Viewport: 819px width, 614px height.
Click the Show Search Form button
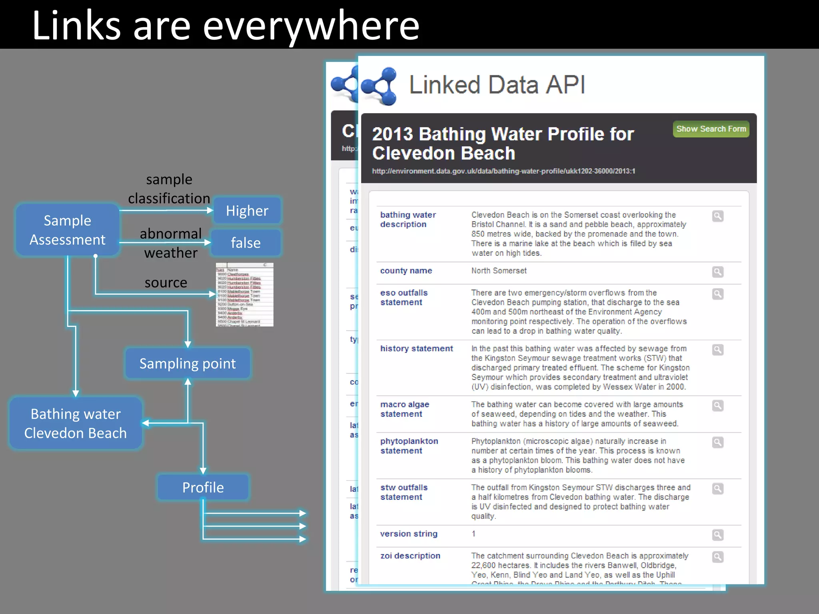(x=711, y=129)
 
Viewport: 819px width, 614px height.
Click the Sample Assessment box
(x=67, y=230)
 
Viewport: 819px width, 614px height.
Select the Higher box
(x=247, y=211)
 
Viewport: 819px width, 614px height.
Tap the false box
(x=246, y=243)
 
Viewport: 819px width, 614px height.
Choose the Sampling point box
(x=187, y=363)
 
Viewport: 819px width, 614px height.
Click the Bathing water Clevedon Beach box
(x=76, y=423)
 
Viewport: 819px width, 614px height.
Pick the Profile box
(x=203, y=487)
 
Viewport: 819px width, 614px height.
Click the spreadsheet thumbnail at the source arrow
(x=244, y=295)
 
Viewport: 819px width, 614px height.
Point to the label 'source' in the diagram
(x=166, y=283)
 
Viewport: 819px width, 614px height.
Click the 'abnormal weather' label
(x=171, y=243)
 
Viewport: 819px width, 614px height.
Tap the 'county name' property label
(x=406, y=271)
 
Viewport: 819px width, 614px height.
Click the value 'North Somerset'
(x=499, y=271)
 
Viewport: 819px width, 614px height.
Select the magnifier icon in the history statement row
(x=718, y=350)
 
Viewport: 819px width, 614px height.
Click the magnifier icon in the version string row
(x=718, y=535)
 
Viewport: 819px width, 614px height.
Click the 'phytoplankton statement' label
(x=409, y=446)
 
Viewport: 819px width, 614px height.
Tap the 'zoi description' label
(x=410, y=556)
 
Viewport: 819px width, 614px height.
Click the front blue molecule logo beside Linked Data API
(x=379, y=86)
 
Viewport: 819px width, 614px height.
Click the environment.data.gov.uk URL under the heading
(x=503, y=171)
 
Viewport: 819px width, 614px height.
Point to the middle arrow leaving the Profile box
(x=256, y=526)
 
